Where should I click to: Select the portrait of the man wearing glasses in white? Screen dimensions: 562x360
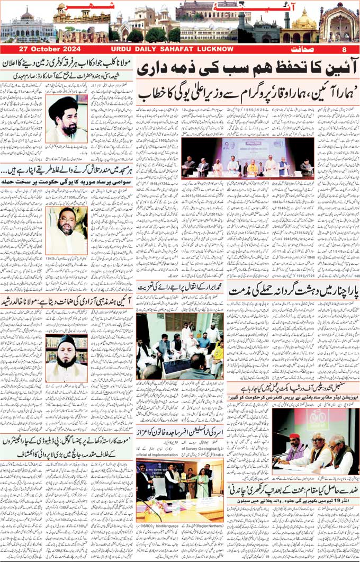[x=66, y=230]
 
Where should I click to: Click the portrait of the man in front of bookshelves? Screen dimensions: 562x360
[x=66, y=358]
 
